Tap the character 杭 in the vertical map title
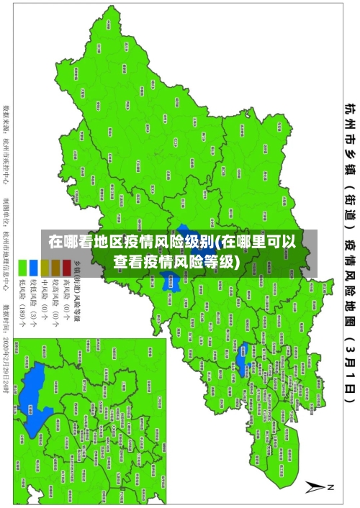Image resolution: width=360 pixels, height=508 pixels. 348,110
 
